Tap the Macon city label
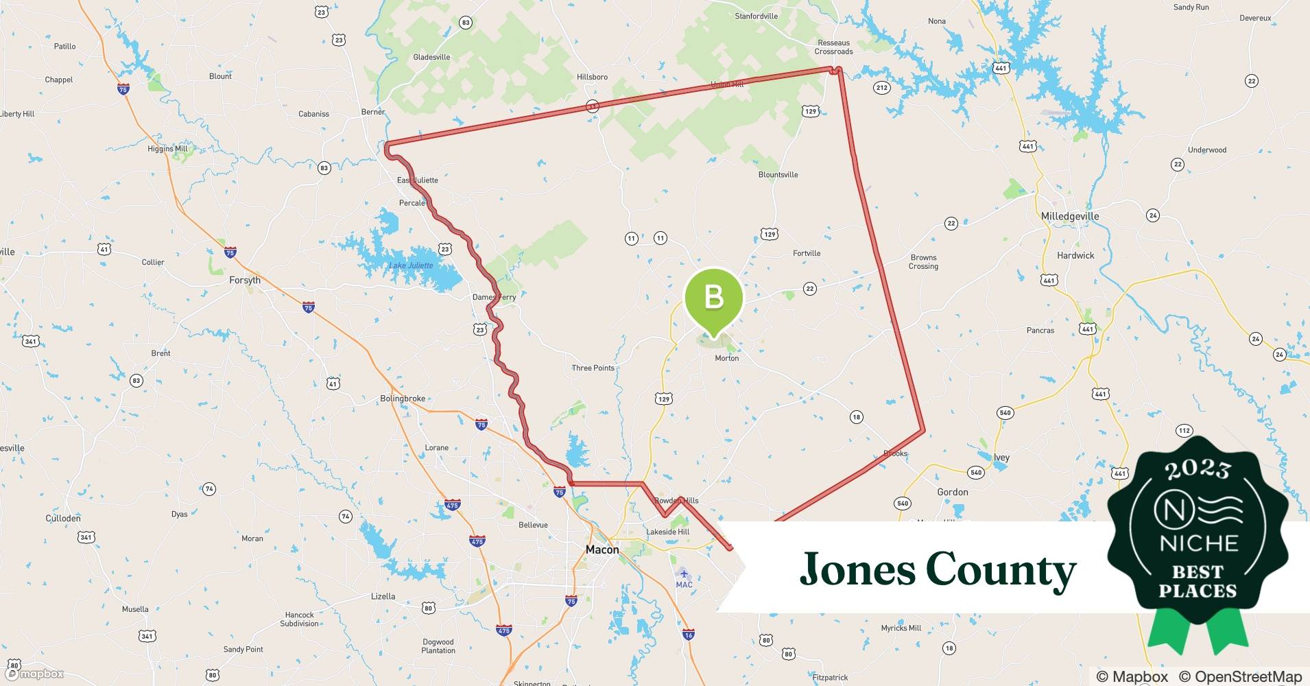602,549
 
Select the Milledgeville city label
1069,216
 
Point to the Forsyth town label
245,280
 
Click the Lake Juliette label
411,265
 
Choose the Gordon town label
952,492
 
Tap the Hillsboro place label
592,77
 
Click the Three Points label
593,368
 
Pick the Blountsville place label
778,174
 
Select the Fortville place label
806,253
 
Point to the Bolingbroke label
402,399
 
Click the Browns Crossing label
923,261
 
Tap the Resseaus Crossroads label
833,47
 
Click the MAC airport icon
683,573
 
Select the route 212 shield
881,87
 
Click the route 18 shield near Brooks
856,416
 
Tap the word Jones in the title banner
857,569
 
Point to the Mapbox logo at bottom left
36,674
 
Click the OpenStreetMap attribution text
1240,676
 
